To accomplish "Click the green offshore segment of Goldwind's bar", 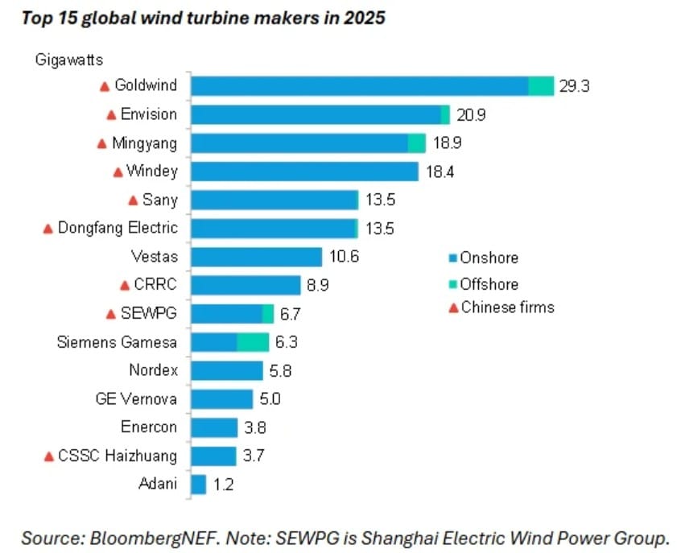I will point(541,86).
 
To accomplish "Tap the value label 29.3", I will point(575,86).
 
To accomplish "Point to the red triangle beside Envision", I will point(113,115).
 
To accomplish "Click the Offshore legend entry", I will point(489,283).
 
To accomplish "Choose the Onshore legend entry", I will point(489,258).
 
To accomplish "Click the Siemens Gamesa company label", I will point(117,342).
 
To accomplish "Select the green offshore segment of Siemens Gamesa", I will point(253,342).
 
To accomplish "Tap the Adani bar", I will point(198,485).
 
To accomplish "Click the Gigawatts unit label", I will point(68,58).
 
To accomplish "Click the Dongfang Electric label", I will point(118,228).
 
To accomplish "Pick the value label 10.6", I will point(343,257).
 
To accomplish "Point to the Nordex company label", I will point(153,370).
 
